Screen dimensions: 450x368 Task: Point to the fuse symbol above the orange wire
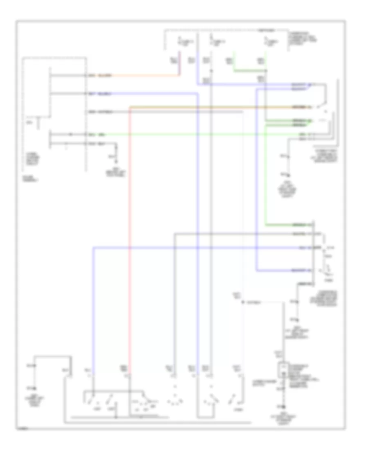(179, 40)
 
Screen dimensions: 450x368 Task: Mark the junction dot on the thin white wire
(242, 302)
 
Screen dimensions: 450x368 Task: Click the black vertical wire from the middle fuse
(211, 205)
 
